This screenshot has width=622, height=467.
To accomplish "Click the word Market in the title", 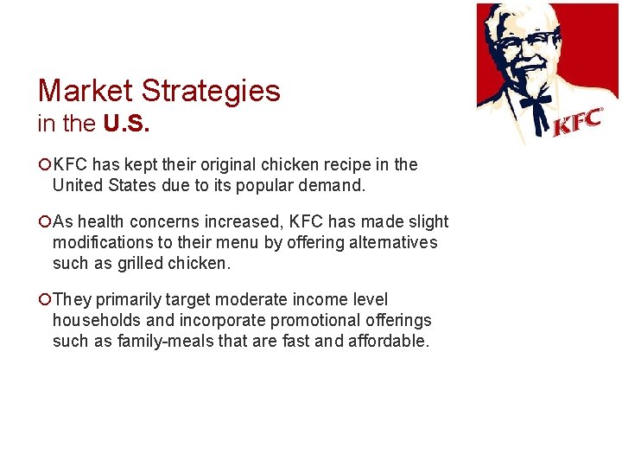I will point(85,91).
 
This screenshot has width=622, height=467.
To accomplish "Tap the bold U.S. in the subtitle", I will point(126,125).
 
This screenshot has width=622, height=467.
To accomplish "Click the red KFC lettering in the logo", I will point(576,123).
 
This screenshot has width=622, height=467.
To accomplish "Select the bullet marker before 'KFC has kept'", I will point(44,165).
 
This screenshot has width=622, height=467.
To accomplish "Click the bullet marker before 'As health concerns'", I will point(44,222).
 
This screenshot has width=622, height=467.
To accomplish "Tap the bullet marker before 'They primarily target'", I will point(44,300).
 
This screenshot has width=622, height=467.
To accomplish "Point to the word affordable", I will point(388,340).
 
